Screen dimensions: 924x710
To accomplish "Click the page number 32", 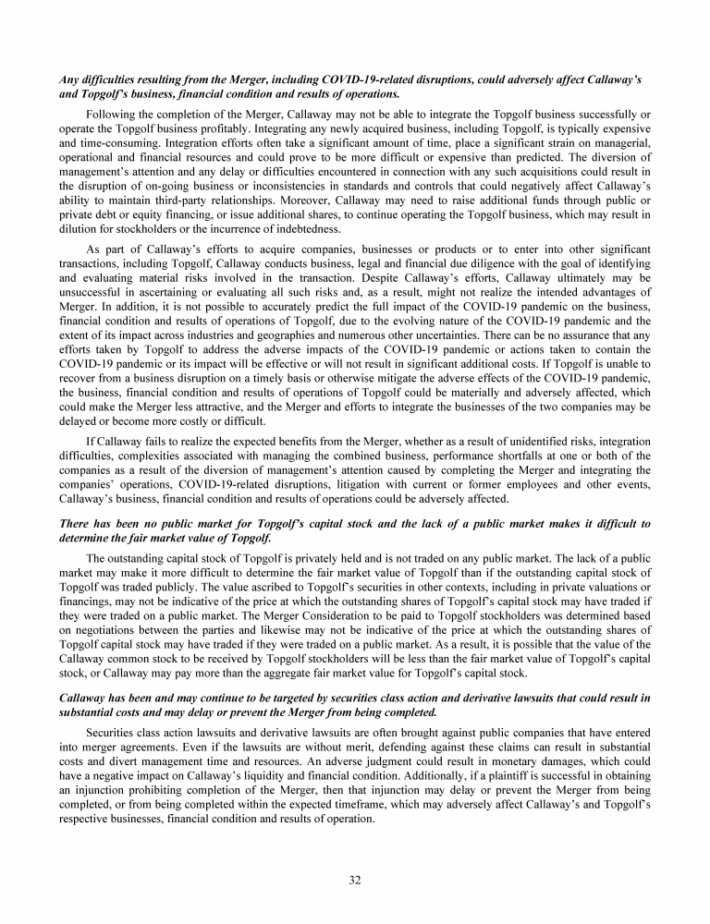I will click(x=355, y=879).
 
